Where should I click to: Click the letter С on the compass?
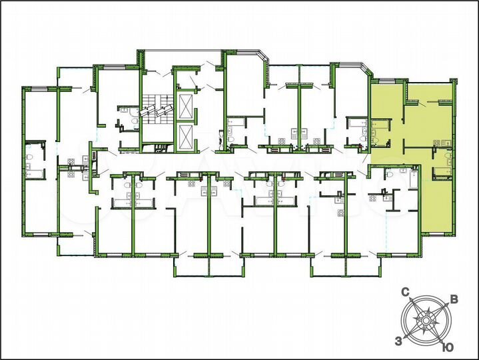click(404, 292)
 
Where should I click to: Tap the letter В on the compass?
click(454, 299)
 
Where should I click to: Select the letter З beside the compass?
click(398, 341)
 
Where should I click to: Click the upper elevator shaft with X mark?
click(185, 105)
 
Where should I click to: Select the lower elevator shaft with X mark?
click(185, 137)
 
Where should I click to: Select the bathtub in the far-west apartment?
click(33, 173)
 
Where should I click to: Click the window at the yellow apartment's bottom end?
click(437, 233)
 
